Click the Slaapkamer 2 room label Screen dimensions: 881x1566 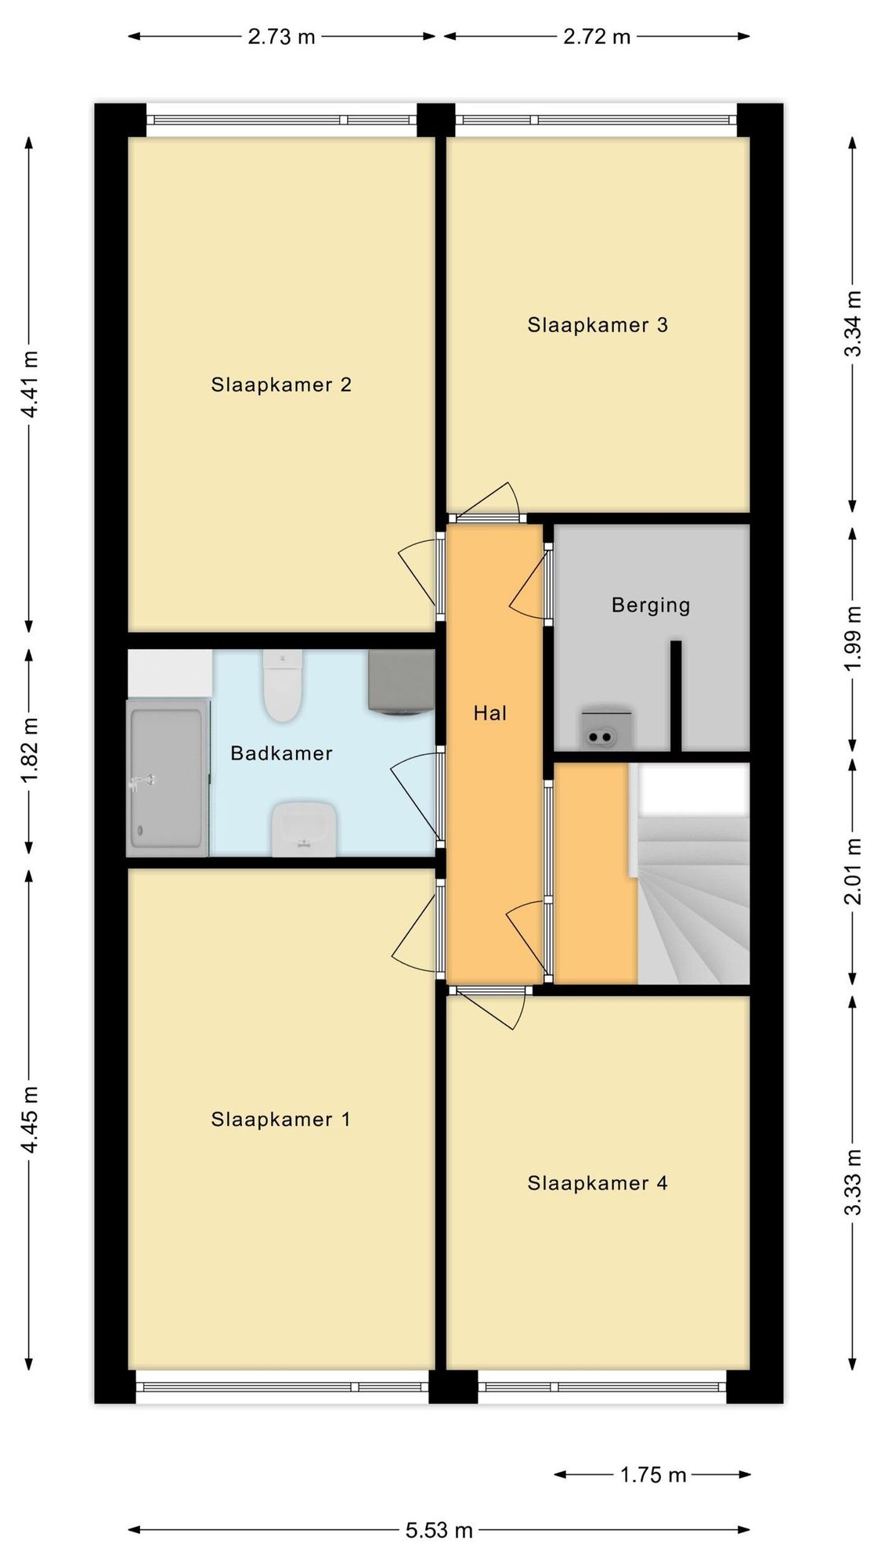click(281, 384)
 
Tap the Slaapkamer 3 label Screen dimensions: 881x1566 click(598, 325)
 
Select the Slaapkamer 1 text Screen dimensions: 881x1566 click(281, 1119)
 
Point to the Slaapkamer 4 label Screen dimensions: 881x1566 click(598, 1182)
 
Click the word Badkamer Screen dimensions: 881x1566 click(282, 753)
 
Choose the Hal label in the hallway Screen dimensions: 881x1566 click(490, 713)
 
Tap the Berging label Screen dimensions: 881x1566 click(651, 605)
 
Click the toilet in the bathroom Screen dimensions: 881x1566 click(282, 685)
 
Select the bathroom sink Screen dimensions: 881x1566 click(304, 828)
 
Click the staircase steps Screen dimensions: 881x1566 click(694, 900)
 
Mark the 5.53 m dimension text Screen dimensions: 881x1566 click(439, 1530)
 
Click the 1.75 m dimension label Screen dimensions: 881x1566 click(653, 1475)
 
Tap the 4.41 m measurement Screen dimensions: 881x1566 click(30, 384)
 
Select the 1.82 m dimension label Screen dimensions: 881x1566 click(30, 751)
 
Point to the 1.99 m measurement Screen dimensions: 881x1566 click(853, 637)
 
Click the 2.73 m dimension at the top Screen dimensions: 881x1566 click(281, 37)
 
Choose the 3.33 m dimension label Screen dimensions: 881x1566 click(853, 1182)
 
